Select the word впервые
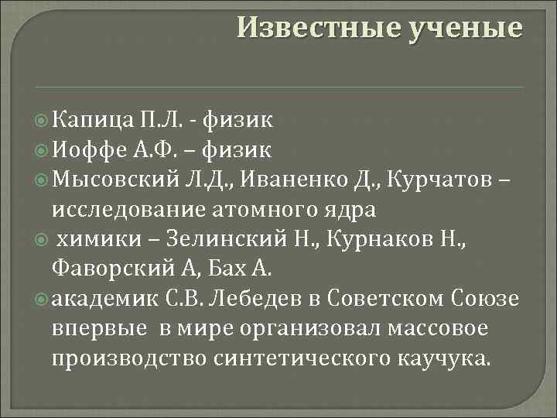(x=99, y=329)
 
